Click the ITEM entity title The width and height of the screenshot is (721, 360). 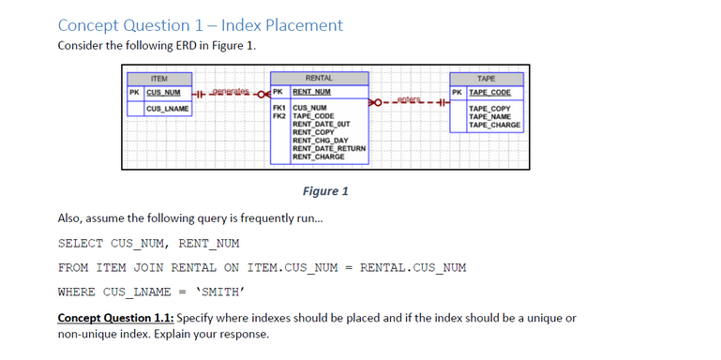pos(159,79)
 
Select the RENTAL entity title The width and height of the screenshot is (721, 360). pos(319,79)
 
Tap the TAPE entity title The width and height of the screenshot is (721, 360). pos(486,79)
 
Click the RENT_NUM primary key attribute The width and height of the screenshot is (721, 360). pos(312,92)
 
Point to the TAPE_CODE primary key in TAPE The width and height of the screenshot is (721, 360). pos(489,92)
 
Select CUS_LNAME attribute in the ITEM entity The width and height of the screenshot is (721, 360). pos(168,110)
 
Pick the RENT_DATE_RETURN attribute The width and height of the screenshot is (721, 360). pos(329,148)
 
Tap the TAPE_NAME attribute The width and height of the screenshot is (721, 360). pos(488,117)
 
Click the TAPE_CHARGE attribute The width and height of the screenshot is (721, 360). pos(494,125)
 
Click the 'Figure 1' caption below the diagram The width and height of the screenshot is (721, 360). pos(325,191)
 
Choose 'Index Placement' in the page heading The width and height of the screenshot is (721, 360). pos(282,25)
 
